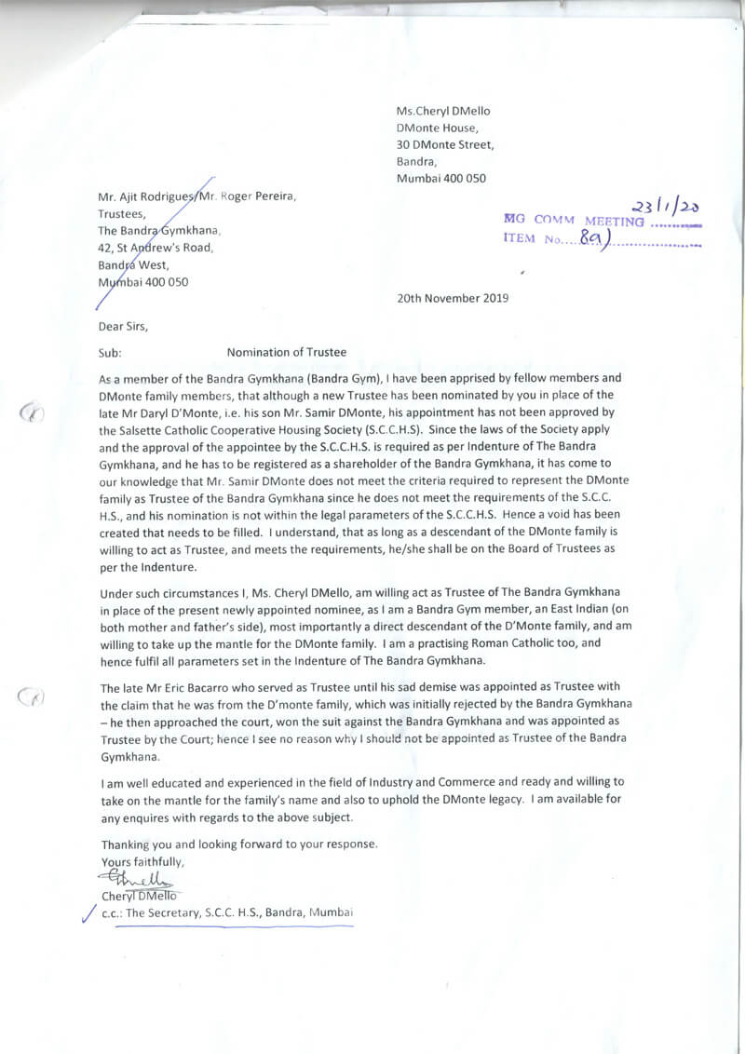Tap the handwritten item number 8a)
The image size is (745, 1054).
591,239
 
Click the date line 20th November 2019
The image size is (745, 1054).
453,299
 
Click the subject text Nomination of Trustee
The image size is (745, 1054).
286,352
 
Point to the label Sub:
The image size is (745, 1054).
110,352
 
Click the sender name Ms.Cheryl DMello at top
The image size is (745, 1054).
442,111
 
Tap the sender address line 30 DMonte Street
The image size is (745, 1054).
445,144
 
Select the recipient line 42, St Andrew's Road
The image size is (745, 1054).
155,248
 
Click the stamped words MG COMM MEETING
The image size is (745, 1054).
573,221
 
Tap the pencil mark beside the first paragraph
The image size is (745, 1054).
33,412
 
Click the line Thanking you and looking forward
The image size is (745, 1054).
239,845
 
